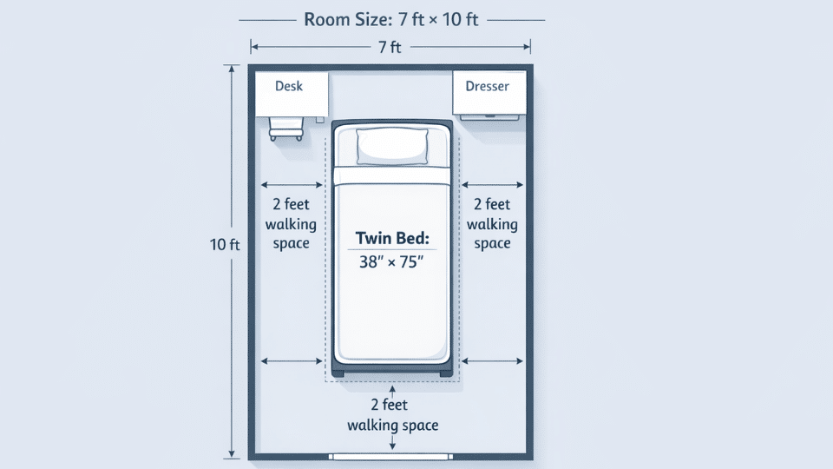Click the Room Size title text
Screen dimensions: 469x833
(390, 19)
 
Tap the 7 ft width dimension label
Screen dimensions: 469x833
(390, 49)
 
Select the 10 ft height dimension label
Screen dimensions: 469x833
(225, 245)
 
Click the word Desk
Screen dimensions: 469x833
(288, 86)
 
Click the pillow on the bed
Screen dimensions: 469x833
(393, 145)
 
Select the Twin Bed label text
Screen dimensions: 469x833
(392, 237)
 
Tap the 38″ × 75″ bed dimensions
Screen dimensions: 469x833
(392, 261)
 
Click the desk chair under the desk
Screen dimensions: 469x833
(286, 129)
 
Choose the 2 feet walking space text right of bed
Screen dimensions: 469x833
(492, 224)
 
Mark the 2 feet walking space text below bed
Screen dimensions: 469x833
(392, 415)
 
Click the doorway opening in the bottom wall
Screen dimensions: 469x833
(392, 456)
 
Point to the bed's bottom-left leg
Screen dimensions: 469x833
(338, 373)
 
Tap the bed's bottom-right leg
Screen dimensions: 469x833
(446, 373)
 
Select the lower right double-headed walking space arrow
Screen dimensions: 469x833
(492, 360)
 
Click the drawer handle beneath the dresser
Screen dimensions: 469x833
(490, 116)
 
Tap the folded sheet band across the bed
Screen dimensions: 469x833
(392, 176)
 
